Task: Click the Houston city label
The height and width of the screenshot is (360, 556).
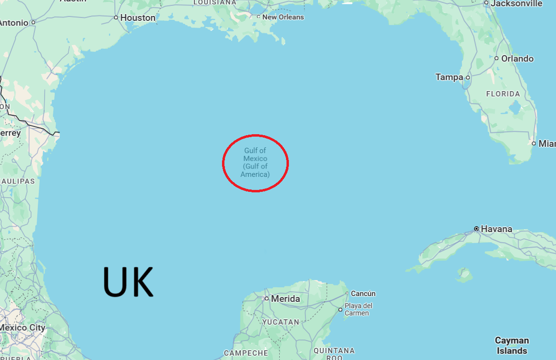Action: (x=138, y=18)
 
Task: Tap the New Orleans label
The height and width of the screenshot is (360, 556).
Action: (x=283, y=17)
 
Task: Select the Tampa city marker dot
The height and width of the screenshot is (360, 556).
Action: (x=468, y=78)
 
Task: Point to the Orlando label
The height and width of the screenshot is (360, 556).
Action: (x=517, y=59)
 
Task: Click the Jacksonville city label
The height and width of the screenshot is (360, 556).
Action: (x=516, y=4)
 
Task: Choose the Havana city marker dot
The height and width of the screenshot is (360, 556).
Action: (x=477, y=229)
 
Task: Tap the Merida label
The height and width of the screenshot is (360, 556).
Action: (x=285, y=299)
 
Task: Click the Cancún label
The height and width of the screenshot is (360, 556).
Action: (x=363, y=294)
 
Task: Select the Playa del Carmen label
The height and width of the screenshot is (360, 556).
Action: (x=358, y=309)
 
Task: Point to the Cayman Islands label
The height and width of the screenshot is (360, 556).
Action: (x=512, y=345)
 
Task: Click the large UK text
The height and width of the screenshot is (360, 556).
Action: (x=128, y=282)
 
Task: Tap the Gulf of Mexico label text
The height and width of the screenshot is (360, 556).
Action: (x=255, y=162)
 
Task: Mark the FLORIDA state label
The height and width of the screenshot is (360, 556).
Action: (x=503, y=94)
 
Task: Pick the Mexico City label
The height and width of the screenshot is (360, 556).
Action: (x=22, y=328)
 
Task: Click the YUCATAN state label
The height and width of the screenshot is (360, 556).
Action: (x=281, y=322)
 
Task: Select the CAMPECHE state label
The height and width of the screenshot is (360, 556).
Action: (x=246, y=353)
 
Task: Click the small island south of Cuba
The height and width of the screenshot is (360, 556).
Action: (x=464, y=275)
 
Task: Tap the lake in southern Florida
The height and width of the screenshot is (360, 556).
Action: (x=515, y=107)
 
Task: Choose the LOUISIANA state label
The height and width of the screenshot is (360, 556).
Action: (x=215, y=2)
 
